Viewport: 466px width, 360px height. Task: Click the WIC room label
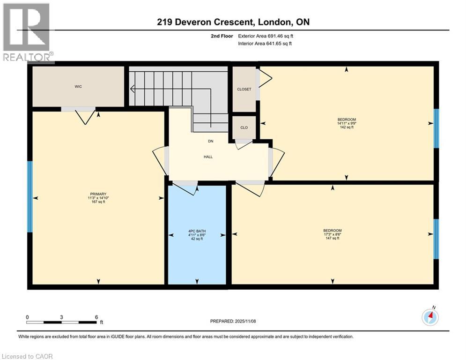pyautogui.click(x=78, y=87)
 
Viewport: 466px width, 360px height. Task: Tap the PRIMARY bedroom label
pyautogui.click(x=98, y=194)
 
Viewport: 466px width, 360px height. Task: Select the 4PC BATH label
pyautogui.click(x=197, y=231)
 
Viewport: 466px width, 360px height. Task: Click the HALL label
pyautogui.click(x=208, y=157)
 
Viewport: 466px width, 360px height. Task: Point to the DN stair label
pyautogui.click(x=211, y=141)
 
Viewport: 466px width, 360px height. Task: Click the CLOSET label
pyautogui.click(x=244, y=89)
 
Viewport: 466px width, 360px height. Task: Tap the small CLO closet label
pyautogui.click(x=244, y=127)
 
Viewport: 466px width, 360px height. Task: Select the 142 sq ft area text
pyautogui.click(x=346, y=127)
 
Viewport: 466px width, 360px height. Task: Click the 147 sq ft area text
pyautogui.click(x=332, y=238)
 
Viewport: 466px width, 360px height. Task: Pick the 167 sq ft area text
pyautogui.click(x=98, y=202)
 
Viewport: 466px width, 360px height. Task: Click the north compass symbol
pyautogui.click(x=430, y=317)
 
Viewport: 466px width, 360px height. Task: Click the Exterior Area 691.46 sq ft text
pyautogui.click(x=266, y=36)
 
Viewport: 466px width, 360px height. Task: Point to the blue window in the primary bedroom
pyautogui.click(x=30, y=197)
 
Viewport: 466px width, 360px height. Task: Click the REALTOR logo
pyautogui.click(x=27, y=33)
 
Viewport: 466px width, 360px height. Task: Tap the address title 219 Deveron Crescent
pyautogui.click(x=233, y=22)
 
